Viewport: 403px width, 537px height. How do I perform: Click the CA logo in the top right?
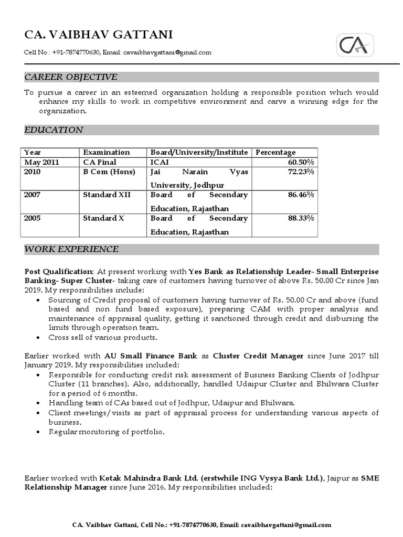tap(355, 46)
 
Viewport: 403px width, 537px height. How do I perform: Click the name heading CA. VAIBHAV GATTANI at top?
tap(99, 35)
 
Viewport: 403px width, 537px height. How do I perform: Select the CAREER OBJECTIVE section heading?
tap(71, 77)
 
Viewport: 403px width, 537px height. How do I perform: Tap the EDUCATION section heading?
tap(54, 130)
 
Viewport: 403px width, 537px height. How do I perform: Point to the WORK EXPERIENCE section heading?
tap(71, 249)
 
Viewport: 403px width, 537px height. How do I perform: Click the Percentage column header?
tap(275, 152)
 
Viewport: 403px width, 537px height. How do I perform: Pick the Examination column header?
tap(107, 152)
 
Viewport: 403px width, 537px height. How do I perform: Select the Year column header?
tap(33, 152)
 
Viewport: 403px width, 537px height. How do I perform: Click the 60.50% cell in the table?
tap(301, 162)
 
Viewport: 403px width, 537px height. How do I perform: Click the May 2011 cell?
tap(42, 162)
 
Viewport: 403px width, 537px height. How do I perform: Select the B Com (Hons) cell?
tap(109, 172)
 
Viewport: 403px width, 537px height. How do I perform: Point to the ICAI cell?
tap(160, 162)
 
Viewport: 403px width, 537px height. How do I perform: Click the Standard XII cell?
tap(107, 195)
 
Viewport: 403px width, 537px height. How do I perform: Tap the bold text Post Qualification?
tap(59, 272)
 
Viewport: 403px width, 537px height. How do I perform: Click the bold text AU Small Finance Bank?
tap(151, 356)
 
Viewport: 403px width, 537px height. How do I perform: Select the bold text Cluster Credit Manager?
tap(258, 356)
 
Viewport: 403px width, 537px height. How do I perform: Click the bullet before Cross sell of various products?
tap(41, 337)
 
